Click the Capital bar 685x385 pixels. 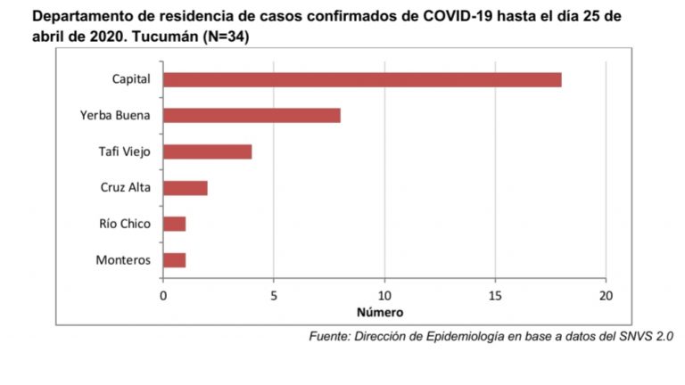362,79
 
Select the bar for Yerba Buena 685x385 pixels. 252,115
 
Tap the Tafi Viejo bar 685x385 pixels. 207,152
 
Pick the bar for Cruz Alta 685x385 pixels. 185,188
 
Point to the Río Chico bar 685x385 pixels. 174,224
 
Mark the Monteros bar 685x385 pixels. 174,260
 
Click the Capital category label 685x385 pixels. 131,79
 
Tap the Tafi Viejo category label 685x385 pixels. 124,152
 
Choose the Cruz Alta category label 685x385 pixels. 126,188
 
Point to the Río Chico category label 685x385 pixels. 126,224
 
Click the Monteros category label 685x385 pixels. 123,260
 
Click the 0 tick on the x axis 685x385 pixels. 163,295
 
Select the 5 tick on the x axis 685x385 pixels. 274,295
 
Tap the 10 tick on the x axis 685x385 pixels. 384,295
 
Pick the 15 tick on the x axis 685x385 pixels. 495,295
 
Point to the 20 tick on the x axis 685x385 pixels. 606,295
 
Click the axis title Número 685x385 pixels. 380,313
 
